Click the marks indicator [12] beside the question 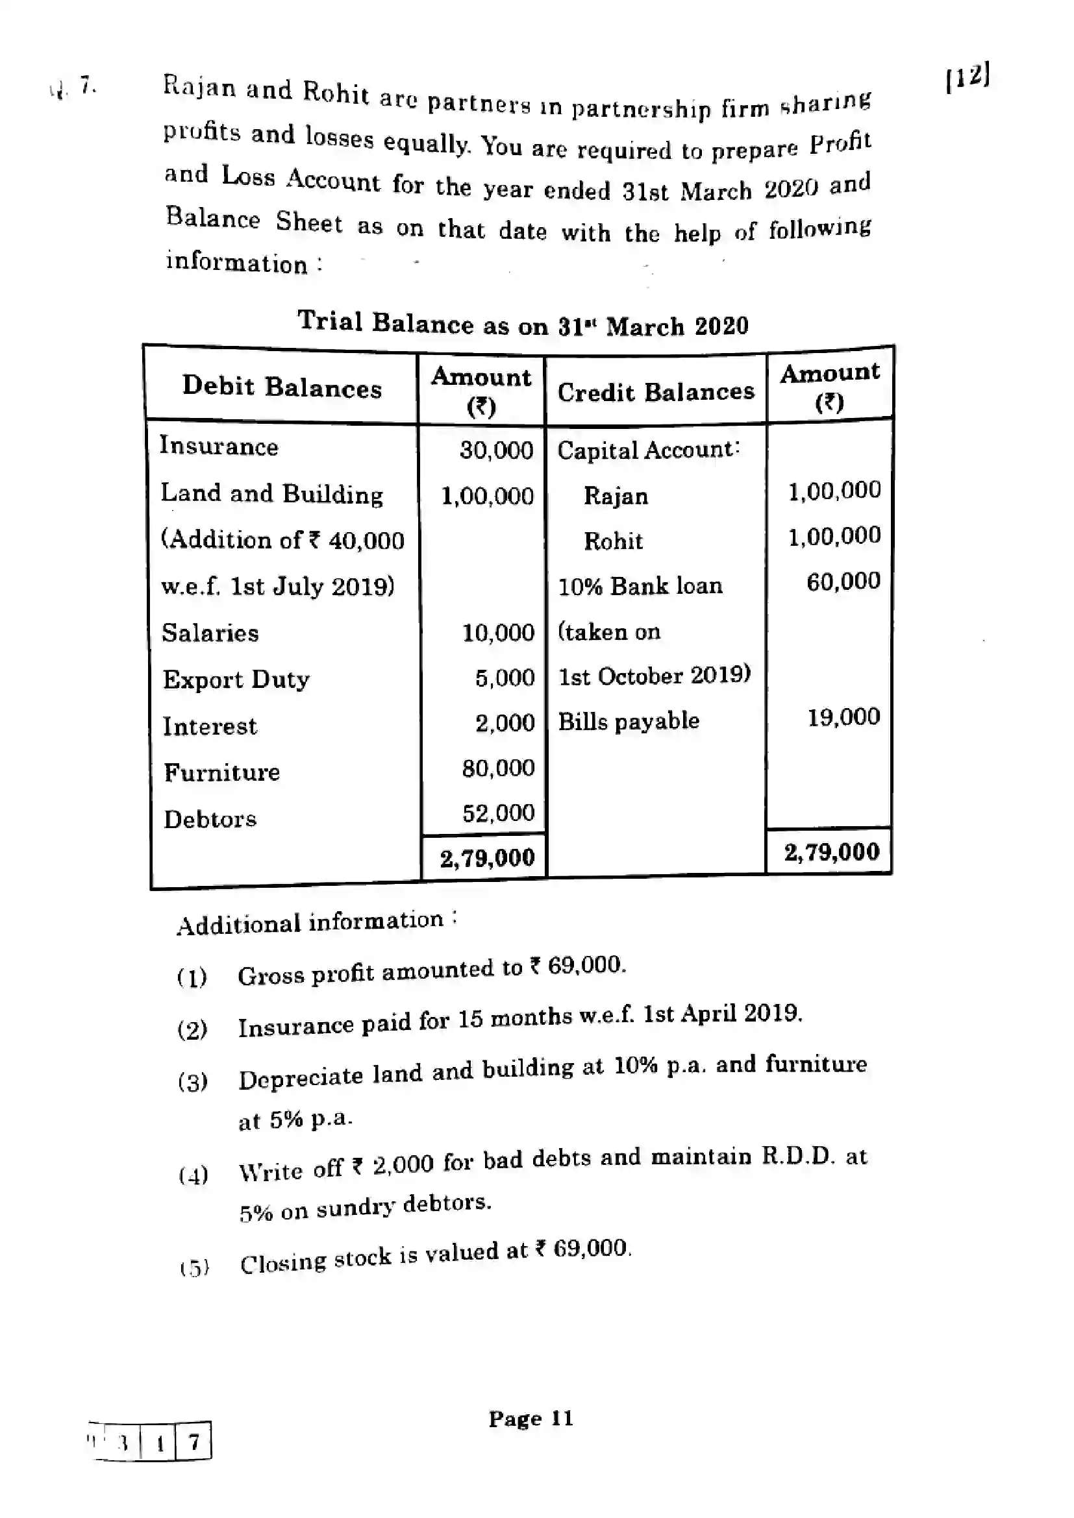point(968,77)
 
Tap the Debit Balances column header point(282,387)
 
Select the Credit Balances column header point(655,392)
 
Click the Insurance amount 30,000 point(496,450)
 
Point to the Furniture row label point(221,772)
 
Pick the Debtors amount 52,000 point(498,813)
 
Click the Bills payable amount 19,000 point(843,716)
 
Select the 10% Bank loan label point(640,586)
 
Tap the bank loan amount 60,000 point(843,581)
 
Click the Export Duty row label point(236,679)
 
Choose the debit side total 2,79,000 point(487,858)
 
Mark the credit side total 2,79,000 point(831,852)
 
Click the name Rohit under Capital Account point(612,541)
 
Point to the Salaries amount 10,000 point(497,633)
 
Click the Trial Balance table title point(523,324)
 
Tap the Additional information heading point(311,922)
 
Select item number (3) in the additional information point(192,1083)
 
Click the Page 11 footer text point(531,1418)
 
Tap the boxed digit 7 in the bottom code point(193,1441)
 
